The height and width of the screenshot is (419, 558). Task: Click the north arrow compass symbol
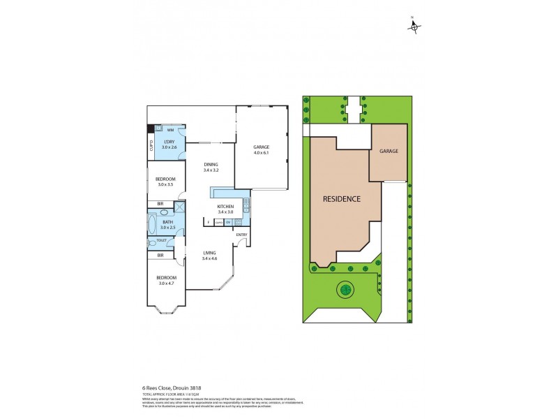[x=414, y=27]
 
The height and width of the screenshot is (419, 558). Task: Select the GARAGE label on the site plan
[x=389, y=151]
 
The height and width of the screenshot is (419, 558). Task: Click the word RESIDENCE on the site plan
[x=342, y=199]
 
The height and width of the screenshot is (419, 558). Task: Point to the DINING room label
[x=211, y=165]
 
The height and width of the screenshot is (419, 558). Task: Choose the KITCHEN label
[x=225, y=207]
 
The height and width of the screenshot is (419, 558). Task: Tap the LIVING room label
[x=210, y=253]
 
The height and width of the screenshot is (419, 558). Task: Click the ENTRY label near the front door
[x=241, y=235]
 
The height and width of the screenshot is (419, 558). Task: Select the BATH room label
[x=167, y=222]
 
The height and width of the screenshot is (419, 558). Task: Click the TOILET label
[x=162, y=240]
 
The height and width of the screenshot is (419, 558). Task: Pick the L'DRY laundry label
[x=169, y=142]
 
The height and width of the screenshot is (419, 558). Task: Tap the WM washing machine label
[x=170, y=130]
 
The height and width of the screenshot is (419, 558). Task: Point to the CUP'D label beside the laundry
[x=151, y=146]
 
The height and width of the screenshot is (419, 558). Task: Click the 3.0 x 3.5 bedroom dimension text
[x=165, y=184]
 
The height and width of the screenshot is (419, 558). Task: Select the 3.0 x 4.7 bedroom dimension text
[x=165, y=283]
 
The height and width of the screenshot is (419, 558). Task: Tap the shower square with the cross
[x=180, y=206]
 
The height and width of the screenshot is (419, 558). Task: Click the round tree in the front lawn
[x=344, y=288]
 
